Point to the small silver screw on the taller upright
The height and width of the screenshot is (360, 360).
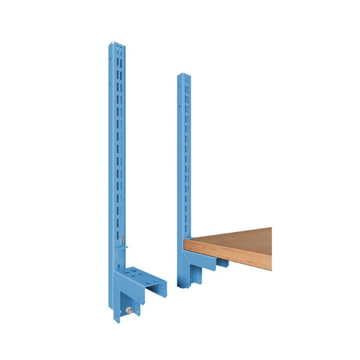pos(122,242)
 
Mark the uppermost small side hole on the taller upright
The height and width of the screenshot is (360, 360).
pos(108,56)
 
